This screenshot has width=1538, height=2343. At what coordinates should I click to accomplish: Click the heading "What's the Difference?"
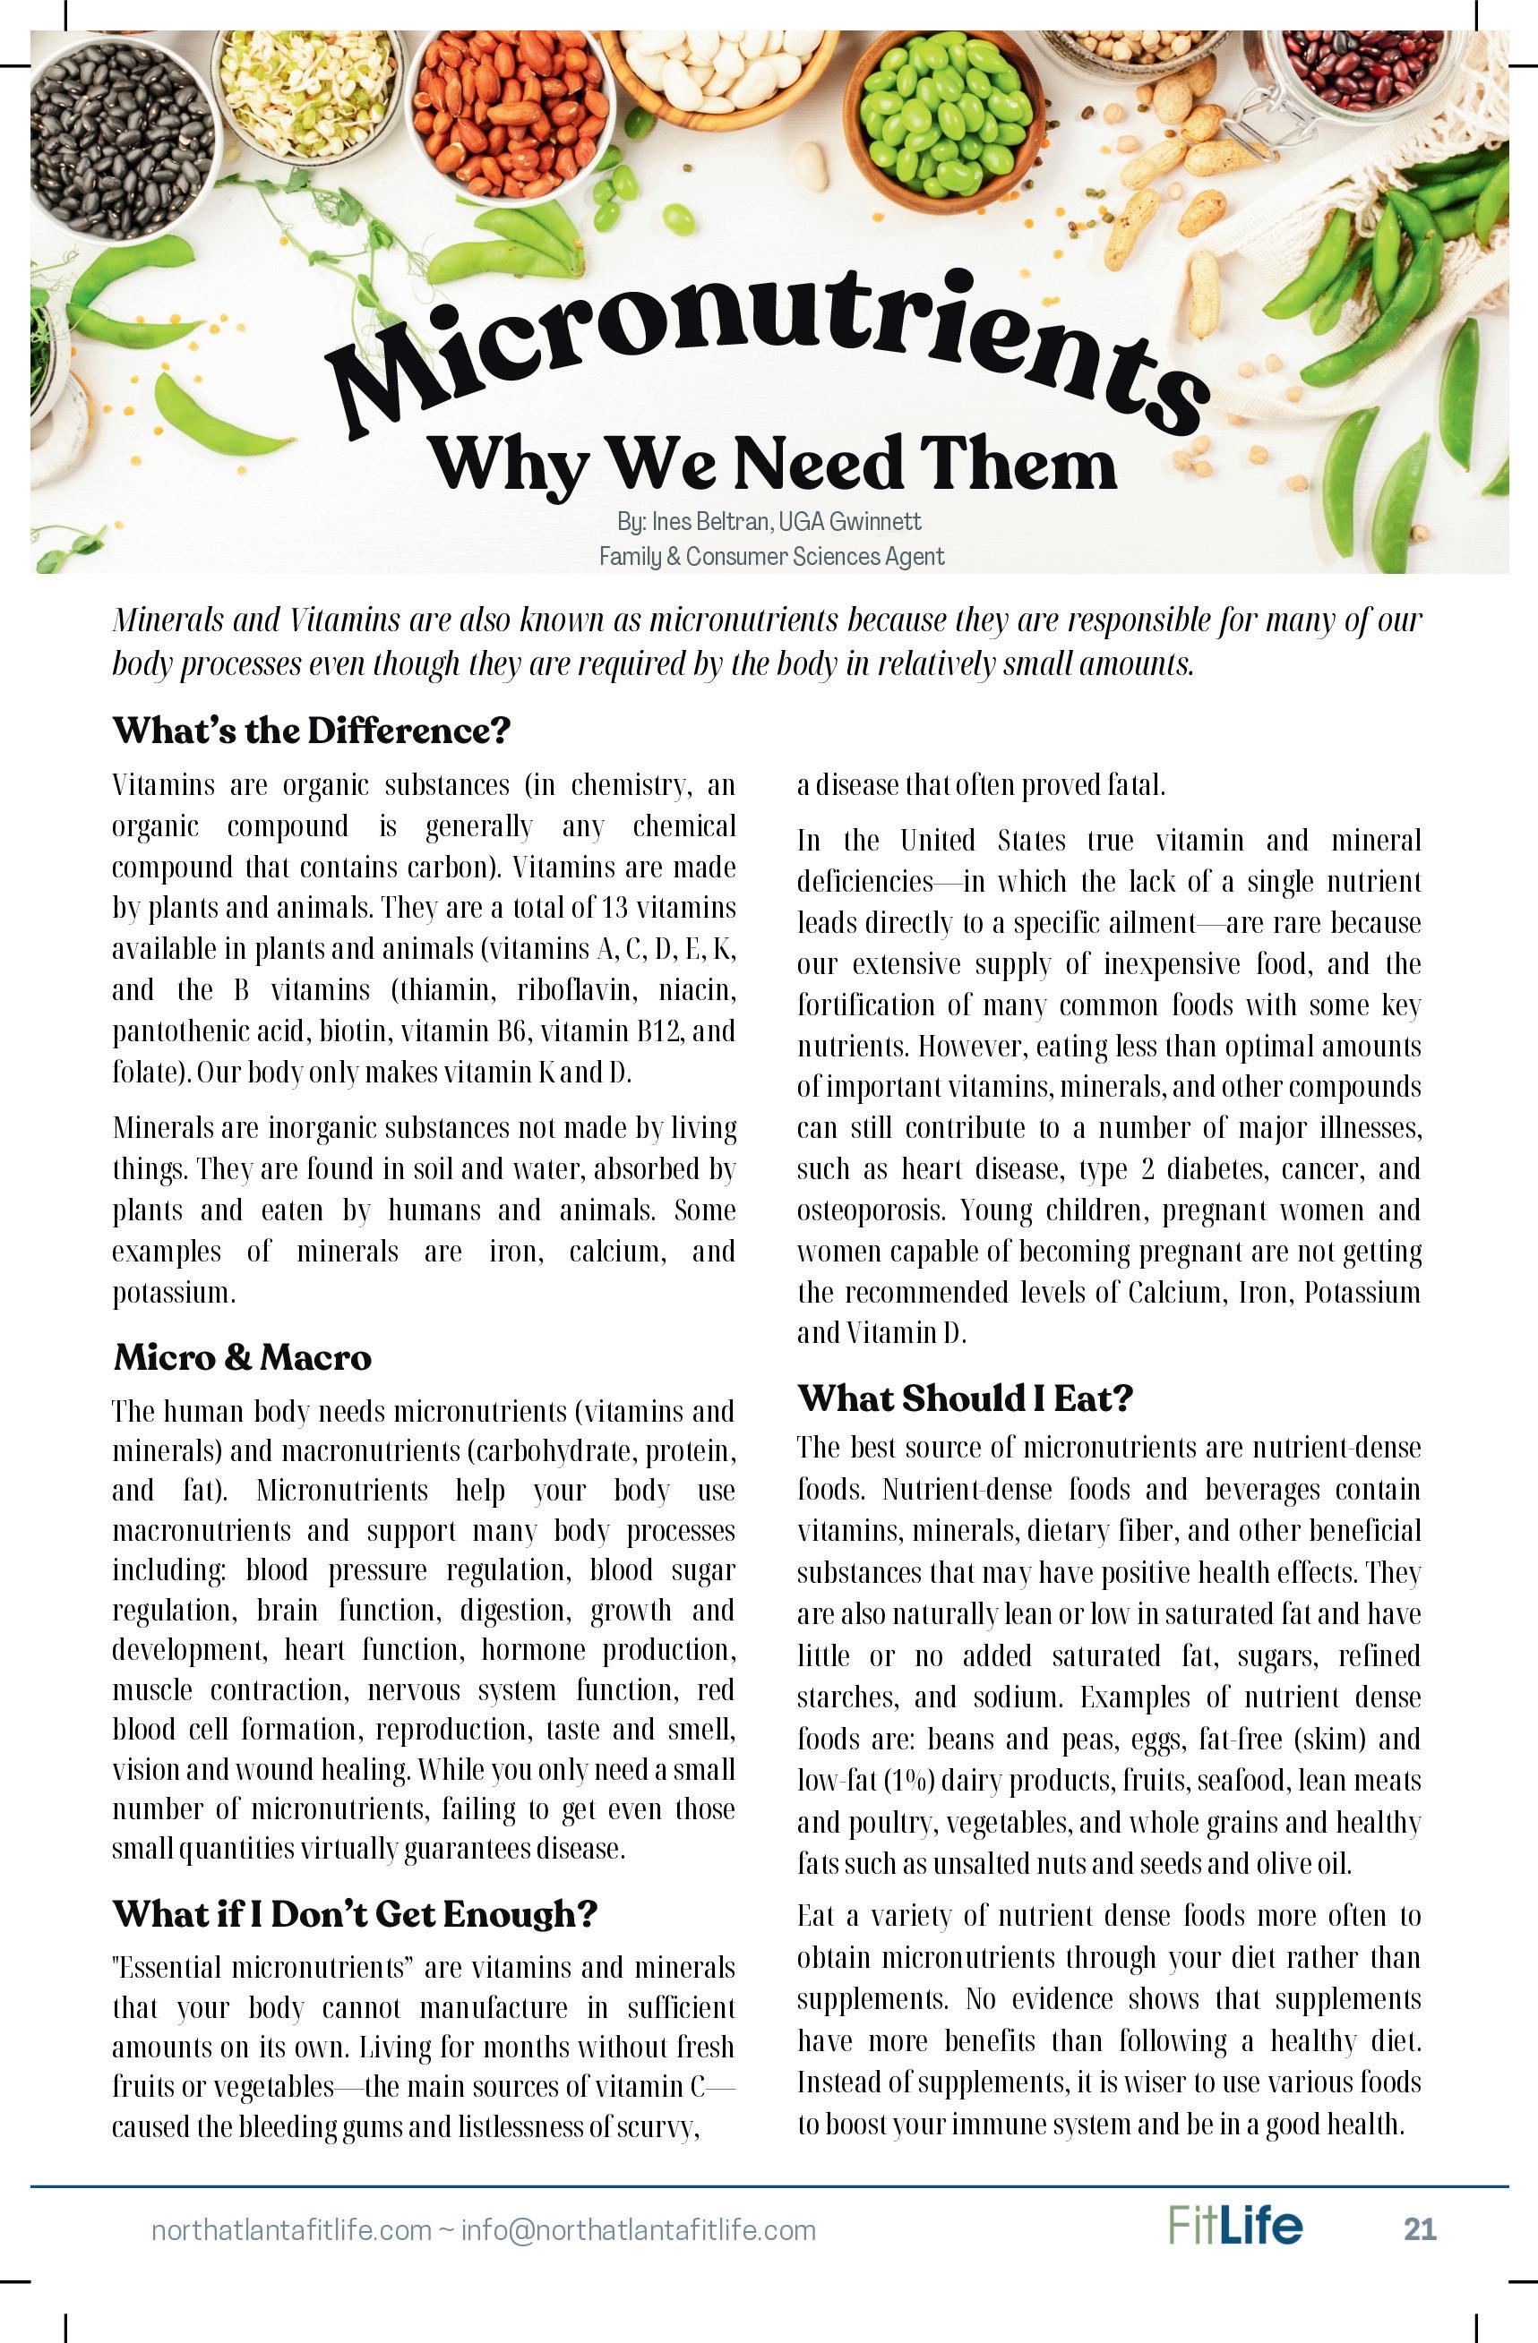pos(311,731)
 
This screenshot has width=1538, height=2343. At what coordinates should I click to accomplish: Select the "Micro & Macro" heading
pos(242,1357)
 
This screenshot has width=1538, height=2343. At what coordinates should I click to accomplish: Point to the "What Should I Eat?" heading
pos(965,1397)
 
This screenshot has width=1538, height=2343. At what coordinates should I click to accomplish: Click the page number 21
pos(1419,2228)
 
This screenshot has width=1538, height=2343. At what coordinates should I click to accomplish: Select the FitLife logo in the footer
pos(1234,2225)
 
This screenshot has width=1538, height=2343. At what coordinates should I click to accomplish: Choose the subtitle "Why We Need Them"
pos(772,463)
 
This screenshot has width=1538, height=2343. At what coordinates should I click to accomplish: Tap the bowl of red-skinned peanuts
pos(507,108)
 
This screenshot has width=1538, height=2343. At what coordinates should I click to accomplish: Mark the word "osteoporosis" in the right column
pos(870,1210)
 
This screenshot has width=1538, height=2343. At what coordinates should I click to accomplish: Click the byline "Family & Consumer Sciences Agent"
pos(771,556)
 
